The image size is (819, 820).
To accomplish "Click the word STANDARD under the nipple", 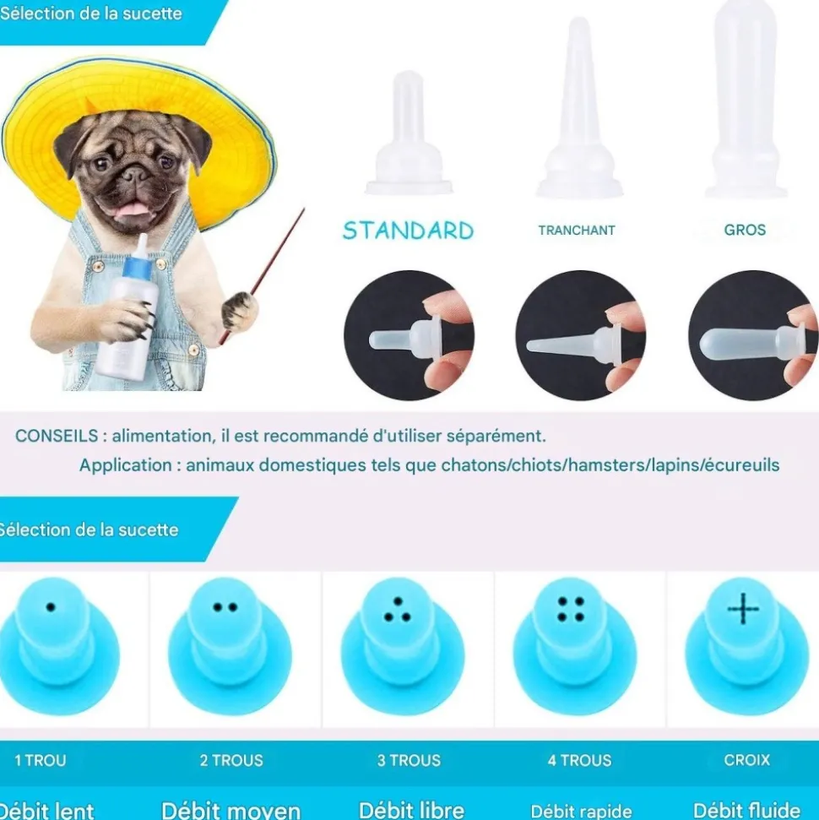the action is pyautogui.click(x=408, y=231).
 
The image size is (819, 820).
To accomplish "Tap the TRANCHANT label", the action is pyautogui.click(x=577, y=230).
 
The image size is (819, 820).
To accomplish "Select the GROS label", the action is pyautogui.click(x=745, y=230).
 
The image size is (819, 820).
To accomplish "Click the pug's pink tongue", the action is pyautogui.click(x=132, y=209).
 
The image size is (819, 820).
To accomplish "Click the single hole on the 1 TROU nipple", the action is pyautogui.click(x=51, y=607).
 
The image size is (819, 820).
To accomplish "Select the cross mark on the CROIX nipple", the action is pyautogui.click(x=743, y=609).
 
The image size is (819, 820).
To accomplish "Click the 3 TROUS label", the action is pyautogui.click(x=409, y=760).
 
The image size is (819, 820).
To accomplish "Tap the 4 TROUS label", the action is pyautogui.click(x=579, y=760).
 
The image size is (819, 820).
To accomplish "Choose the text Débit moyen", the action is pyautogui.click(x=231, y=810).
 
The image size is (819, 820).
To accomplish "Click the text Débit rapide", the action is pyautogui.click(x=581, y=811).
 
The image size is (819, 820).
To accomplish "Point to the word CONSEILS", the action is pyautogui.click(x=57, y=436).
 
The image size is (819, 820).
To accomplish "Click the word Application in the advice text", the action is pyautogui.click(x=126, y=465).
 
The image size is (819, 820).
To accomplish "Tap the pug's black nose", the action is pyautogui.click(x=136, y=173).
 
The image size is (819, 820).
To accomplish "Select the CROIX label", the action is pyautogui.click(x=747, y=760).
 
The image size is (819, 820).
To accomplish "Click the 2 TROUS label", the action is pyautogui.click(x=231, y=760).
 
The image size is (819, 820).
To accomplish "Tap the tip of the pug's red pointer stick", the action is pyautogui.click(x=304, y=209).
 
